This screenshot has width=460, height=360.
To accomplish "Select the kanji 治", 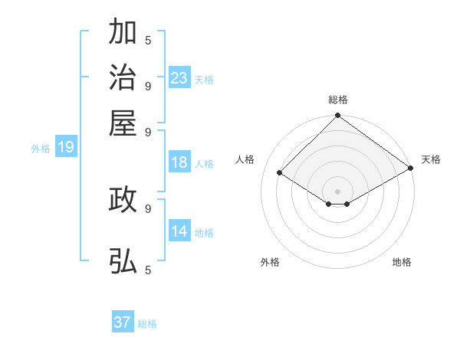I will pos(123,78).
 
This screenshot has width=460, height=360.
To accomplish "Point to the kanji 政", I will pos(123,199).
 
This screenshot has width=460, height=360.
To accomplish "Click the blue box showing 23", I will pos(179,78).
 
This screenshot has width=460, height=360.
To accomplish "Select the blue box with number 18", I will pos(179,162).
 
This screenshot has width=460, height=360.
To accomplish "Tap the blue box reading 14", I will pos(179,231).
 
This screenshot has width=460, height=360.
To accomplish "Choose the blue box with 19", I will pos(66,147).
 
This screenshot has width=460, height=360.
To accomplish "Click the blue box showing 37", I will pos(123,322).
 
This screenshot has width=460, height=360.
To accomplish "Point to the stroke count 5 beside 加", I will pos(148,41).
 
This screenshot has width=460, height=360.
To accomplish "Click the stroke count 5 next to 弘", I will pos(148,270).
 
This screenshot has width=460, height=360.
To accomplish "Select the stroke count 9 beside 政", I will pos(148,208).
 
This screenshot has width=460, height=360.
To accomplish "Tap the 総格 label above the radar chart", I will pos(338,100).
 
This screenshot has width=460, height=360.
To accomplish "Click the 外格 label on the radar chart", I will pos(270,262).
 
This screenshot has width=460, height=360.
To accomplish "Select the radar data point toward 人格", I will pos(280,173).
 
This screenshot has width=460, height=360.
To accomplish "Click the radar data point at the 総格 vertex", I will pos(338,116).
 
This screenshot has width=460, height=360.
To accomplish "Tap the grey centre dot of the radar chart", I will pos(338,191).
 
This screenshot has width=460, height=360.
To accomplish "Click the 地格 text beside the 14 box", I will pos(205,232).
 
